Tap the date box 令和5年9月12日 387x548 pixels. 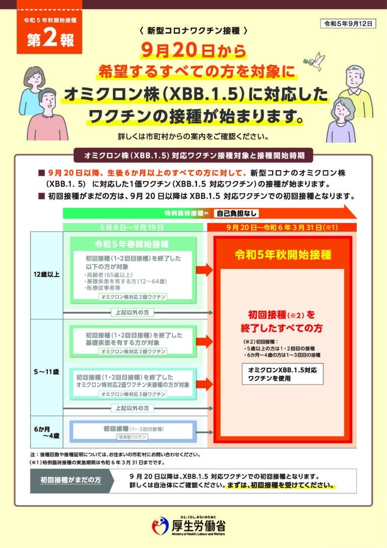tap(348, 24)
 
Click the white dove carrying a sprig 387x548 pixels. tap(316, 60)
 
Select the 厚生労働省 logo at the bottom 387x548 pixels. tap(189, 526)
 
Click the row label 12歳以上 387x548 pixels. tap(47, 275)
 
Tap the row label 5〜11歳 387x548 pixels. tap(47, 372)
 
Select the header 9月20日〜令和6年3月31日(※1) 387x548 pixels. tap(282, 227)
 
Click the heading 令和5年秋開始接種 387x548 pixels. tap(282, 254)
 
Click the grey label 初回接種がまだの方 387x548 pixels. tap(71, 480)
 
